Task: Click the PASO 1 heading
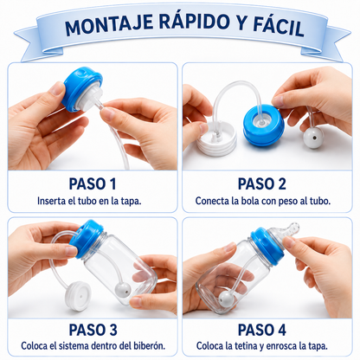pyautogui.click(x=93, y=184)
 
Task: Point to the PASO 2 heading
pyautogui.click(x=262, y=184)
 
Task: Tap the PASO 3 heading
pyautogui.click(x=93, y=330)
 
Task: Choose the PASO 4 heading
pyautogui.click(x=262, y=330)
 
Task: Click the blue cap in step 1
pyautogui.click(x=81, y=88)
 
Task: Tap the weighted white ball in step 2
pyautogui.click(x=313, y=138)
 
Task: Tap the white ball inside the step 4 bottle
pyautogui.click(x=226, y=299)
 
